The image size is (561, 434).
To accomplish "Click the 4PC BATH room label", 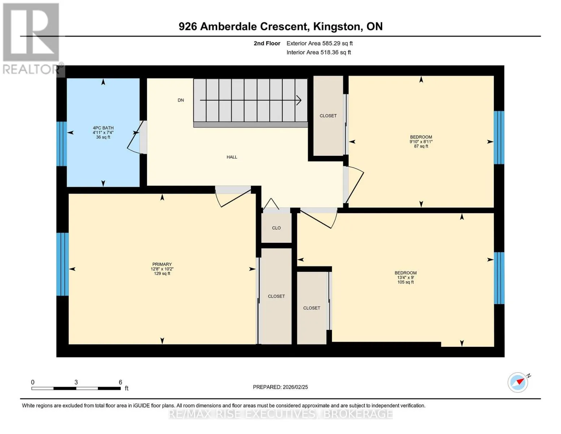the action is (x=103, y=128).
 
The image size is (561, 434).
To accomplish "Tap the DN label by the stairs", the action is (x=181, y=100).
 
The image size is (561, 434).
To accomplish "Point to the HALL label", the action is (x=232, y=157).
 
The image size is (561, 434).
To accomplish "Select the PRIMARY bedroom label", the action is (x=162, y=264).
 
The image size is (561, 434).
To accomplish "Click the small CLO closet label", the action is (x=276, y=228).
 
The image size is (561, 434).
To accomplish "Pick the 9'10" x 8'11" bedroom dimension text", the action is (x=421, y=141).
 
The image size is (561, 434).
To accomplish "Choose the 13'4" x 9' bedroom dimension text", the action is (x=406, y=277).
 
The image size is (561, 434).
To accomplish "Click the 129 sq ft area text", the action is (x=162, y=273).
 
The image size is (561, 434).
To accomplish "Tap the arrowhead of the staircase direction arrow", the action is (x=299, y=100).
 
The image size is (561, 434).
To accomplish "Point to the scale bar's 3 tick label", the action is (x=76, y=382).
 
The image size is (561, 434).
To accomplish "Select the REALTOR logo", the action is (x=32, y=39).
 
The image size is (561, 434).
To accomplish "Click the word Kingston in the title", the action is (x=337, y=26).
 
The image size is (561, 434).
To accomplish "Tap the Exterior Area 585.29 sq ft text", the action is (x=320, y=43).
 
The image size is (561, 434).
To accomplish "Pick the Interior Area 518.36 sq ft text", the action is (x=319, y=52).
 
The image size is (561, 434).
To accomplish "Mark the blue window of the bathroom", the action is (x=61, y=144).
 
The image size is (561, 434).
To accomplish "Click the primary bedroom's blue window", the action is (x=62, y=264).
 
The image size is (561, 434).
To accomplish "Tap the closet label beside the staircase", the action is (x=328, y=115).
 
